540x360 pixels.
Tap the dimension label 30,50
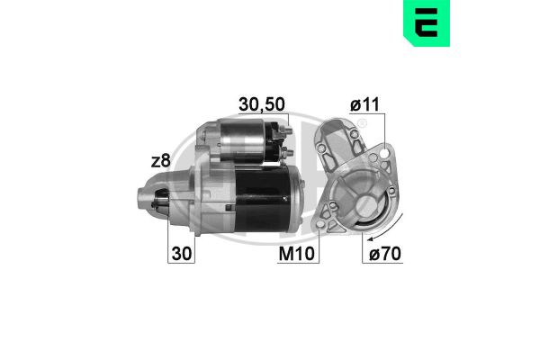[262, 105]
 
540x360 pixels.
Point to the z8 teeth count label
[161, 161]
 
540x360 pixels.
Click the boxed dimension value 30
[181, 254]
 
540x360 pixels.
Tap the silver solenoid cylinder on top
[245, 141]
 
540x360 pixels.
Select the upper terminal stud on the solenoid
[289, 134]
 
